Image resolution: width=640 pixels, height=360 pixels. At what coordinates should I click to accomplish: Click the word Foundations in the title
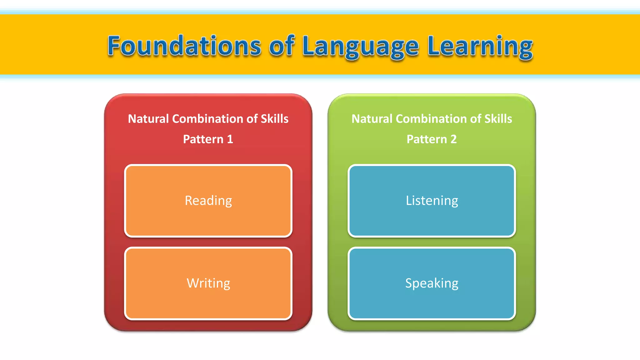[184, 46]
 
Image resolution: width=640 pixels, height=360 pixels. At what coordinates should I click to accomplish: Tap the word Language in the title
[360, 47]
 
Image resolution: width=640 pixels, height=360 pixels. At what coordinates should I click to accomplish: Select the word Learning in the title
[480, 47]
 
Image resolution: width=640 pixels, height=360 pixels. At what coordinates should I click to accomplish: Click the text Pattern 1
[208, 139]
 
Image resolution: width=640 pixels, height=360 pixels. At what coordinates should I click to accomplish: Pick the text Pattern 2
[432, 139]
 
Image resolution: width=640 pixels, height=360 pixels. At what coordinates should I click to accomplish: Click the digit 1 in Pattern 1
[230, 139]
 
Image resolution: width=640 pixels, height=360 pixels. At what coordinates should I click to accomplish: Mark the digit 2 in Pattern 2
[453, 139]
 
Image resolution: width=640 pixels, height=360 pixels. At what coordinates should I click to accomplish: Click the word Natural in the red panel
[148, 119]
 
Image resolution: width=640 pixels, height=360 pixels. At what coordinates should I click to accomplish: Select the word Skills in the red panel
[275, 119]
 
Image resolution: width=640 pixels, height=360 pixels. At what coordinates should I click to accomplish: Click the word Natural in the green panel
[372, 119]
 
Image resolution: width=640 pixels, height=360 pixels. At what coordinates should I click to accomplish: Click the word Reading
[208, 201]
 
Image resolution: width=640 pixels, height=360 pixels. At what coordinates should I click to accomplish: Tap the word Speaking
[432, 283]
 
